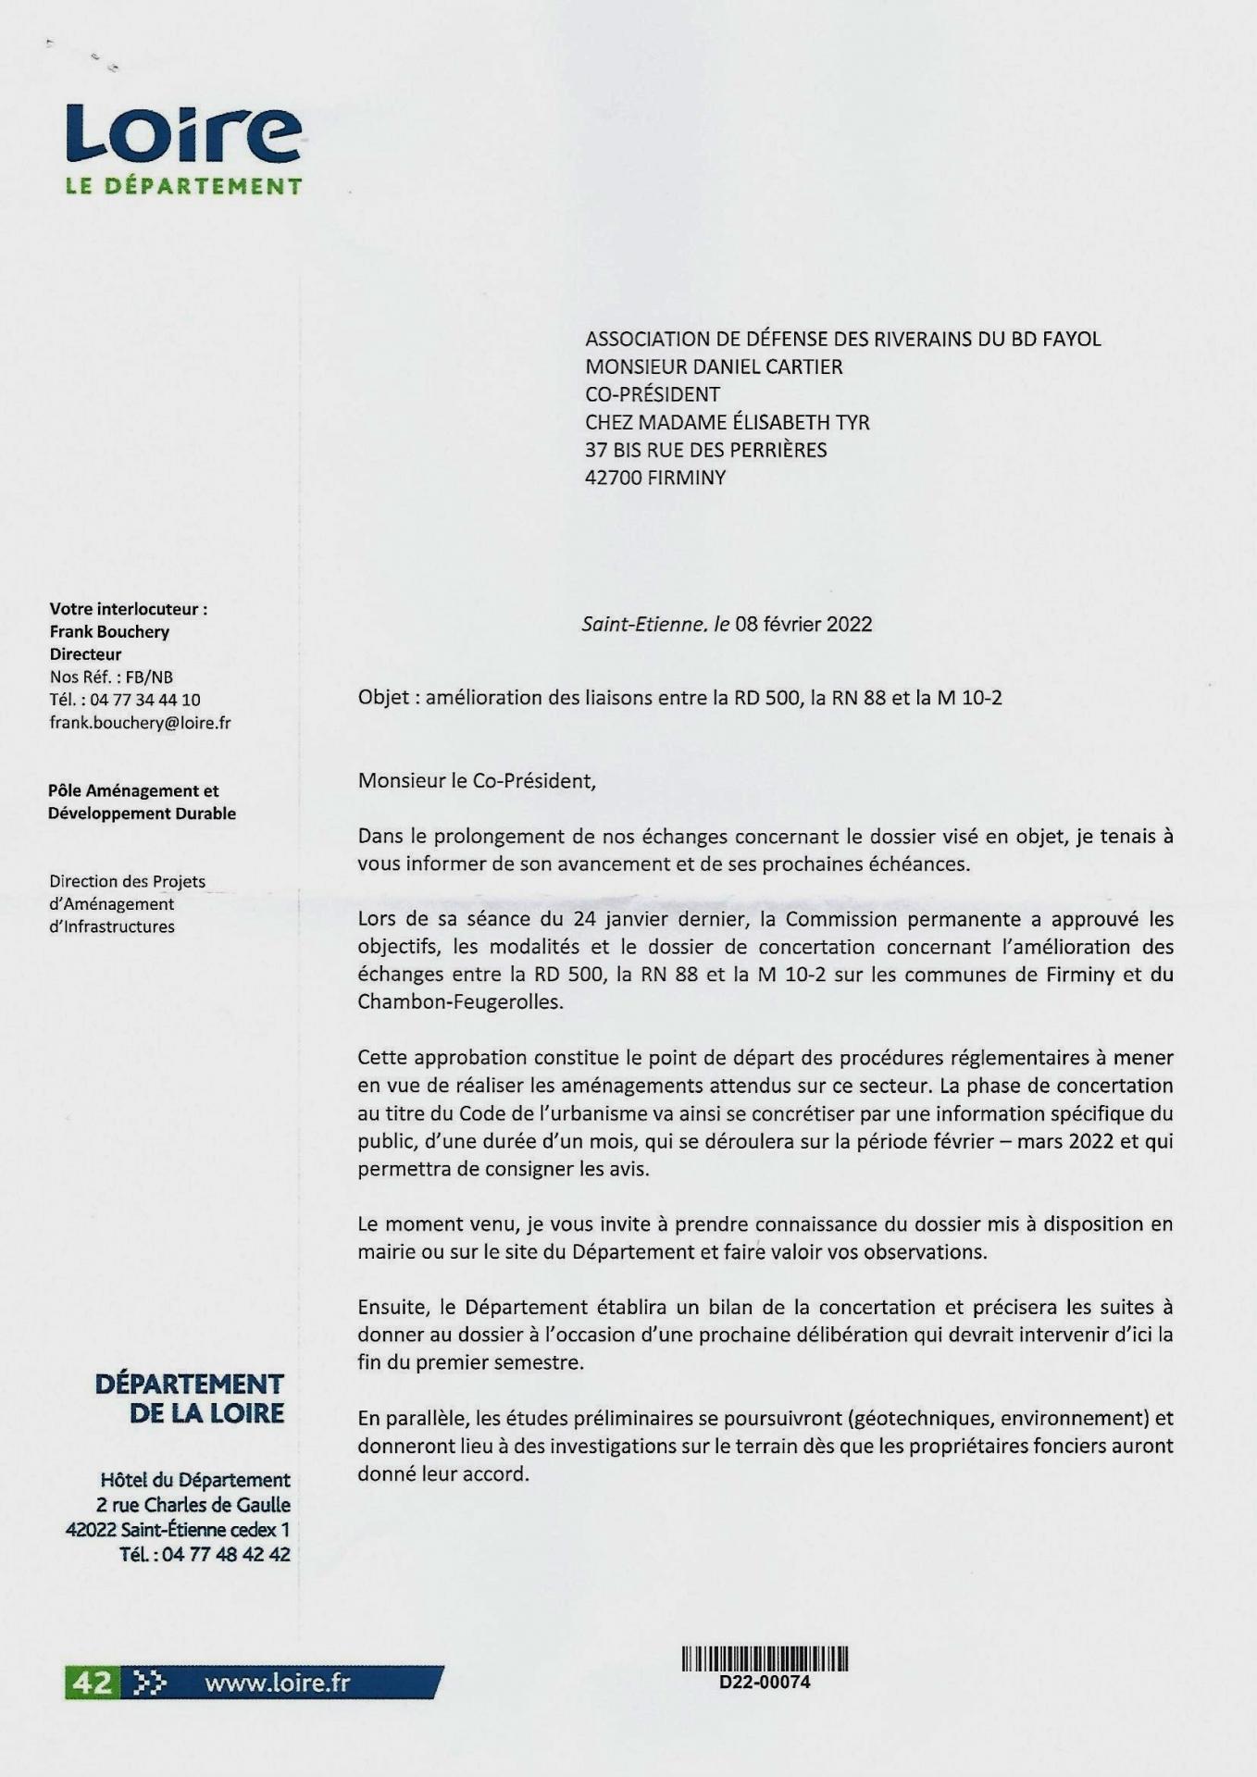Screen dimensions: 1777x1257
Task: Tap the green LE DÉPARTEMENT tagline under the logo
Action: tap(183, 186)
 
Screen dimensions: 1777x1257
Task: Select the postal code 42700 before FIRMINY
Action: tap(615, 478)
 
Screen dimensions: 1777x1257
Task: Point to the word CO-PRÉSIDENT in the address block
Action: tap(653, 394)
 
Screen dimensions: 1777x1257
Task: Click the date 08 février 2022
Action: tap(803, 624)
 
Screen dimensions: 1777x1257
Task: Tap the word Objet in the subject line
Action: tap(383, 697)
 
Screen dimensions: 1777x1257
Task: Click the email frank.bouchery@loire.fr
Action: tap(140, 723)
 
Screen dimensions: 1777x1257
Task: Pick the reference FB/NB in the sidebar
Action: tap(150, 677)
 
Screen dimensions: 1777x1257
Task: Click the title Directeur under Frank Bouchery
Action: tap(86, 654)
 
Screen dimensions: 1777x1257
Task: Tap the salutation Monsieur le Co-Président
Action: tap(477, 780)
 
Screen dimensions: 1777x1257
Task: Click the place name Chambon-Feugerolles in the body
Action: tap(459, 1001)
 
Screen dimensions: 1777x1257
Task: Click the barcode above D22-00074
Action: tap(765, 1659)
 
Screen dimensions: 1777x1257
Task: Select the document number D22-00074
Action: tap(765, 1682)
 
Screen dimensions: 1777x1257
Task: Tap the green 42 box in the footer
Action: tap(90, 1682)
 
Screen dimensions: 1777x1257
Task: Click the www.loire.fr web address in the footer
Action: tap(278, 1682)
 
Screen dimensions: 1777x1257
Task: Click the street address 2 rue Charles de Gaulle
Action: tap(193, 1505)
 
